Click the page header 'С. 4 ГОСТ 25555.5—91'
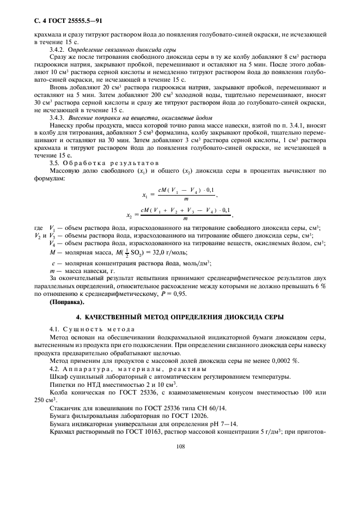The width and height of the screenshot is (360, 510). tap(64, 21)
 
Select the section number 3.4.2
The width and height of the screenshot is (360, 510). tap(58, 48)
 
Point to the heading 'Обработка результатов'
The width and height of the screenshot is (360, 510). tap(111, 162)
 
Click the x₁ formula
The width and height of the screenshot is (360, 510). tap(180, 193)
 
